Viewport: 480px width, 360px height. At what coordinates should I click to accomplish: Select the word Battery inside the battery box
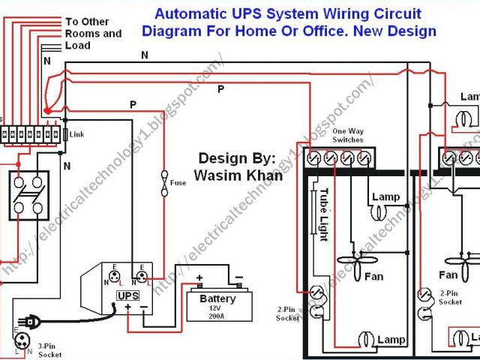pos(218,298)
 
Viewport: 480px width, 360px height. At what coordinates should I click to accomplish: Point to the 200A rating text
pos(218,316)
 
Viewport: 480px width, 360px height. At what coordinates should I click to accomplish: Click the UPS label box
pos(127,295)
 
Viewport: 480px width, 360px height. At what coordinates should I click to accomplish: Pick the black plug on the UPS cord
pos(31,321)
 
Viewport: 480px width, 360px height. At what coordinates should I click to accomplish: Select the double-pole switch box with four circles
pos(28,195)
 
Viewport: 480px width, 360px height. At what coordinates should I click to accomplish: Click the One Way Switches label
pos(347,136)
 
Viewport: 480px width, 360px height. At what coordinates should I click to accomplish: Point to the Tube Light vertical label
pos(324,214)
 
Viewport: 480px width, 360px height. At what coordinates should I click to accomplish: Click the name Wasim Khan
pos(238,175)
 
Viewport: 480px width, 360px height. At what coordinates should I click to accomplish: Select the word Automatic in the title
pos(187,14)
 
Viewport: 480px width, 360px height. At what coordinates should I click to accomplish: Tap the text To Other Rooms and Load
pos(93,34)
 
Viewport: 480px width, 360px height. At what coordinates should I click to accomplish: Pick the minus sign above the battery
pos(238,277)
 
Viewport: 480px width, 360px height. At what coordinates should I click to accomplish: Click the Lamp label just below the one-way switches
pos(385,197)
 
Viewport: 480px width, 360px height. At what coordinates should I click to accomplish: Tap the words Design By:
pos(237,158)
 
